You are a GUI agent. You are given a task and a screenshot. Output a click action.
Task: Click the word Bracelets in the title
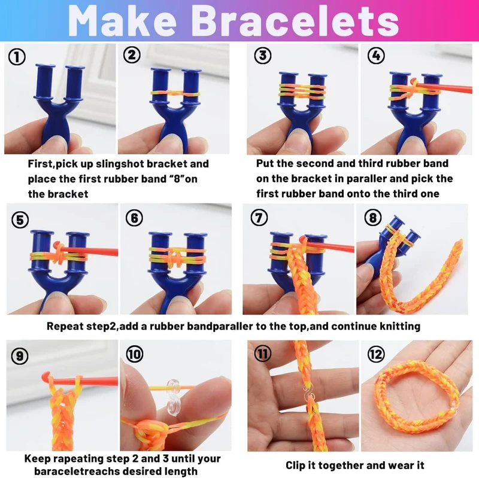tap(295, 21)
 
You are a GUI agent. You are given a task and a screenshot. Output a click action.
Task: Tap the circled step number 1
tap(17, 57)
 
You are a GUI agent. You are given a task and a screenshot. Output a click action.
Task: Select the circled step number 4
tap(376, 55)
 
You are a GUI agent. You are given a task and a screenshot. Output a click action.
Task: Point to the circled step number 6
tap(134, 218)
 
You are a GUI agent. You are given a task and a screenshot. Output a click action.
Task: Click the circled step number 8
tap(373, 218)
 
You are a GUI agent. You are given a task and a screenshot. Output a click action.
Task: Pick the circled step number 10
tap(135, 354)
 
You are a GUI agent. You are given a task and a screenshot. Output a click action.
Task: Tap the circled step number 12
tap(376, 354)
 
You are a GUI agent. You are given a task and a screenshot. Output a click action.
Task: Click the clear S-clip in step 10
tap(174, 397)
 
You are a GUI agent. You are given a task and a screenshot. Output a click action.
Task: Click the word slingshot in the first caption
tap(120, 163)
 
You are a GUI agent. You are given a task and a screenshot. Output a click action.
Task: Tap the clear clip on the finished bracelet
tap(454, 405)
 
